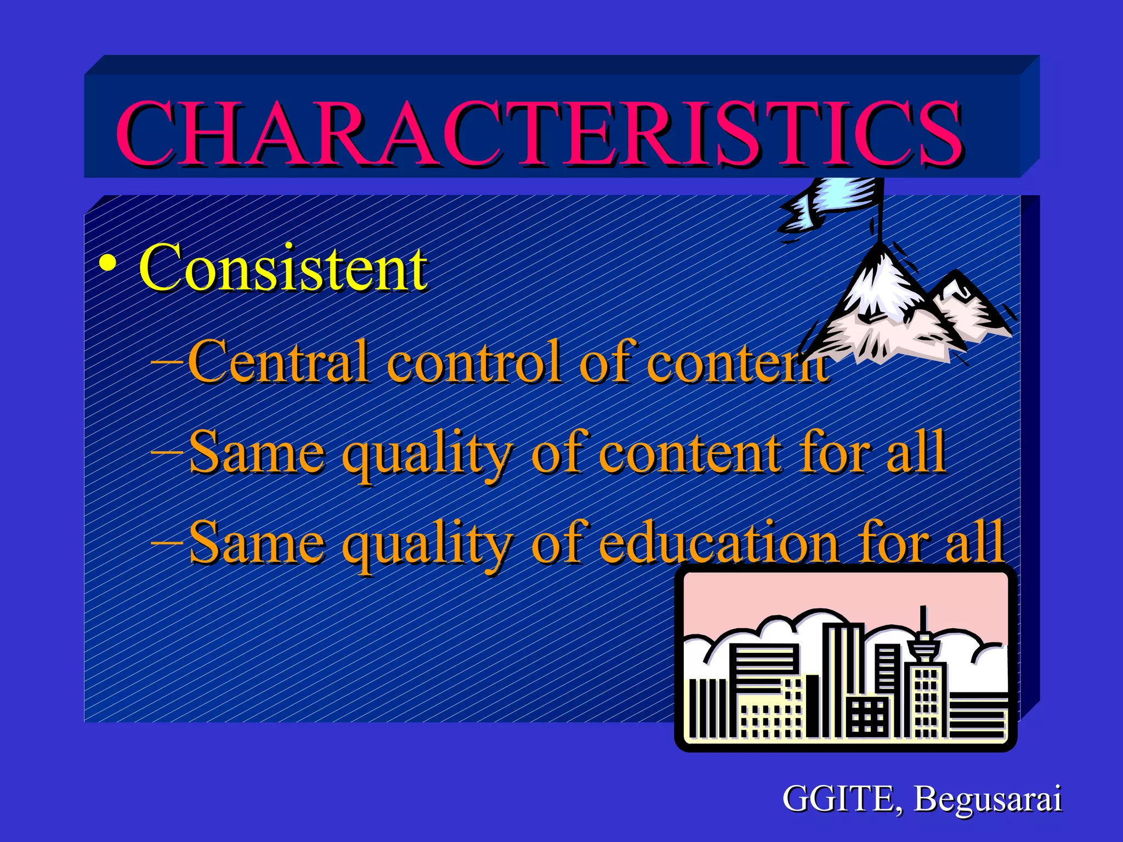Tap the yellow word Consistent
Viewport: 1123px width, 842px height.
283,269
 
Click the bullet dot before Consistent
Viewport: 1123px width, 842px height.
107,264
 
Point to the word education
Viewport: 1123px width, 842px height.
718,543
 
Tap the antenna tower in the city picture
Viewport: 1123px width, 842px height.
923,636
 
